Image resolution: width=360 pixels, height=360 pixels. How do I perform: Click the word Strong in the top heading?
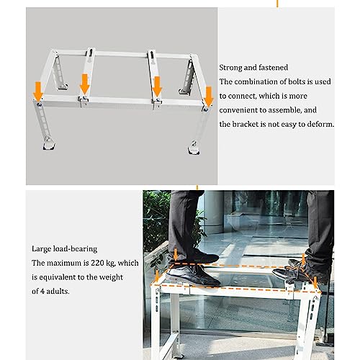click(230, 68)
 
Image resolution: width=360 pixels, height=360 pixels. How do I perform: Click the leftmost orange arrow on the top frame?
click(38, 91)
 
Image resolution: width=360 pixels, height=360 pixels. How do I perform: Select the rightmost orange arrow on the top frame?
click(209, 96)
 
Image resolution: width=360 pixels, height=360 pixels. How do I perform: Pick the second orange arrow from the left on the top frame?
click(84, 84)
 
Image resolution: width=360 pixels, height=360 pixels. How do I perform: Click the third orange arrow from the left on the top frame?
click(157, 86)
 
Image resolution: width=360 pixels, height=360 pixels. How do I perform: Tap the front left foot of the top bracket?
click(49, 143)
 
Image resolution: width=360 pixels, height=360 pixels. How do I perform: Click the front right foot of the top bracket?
click(194, 148)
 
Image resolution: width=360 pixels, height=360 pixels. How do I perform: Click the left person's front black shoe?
click(193, 275)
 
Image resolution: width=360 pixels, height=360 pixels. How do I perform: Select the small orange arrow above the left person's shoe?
click(176, 254)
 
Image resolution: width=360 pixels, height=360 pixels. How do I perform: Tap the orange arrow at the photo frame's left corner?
click(157, 276)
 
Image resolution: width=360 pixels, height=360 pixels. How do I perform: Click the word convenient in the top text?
click(243, 110)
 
